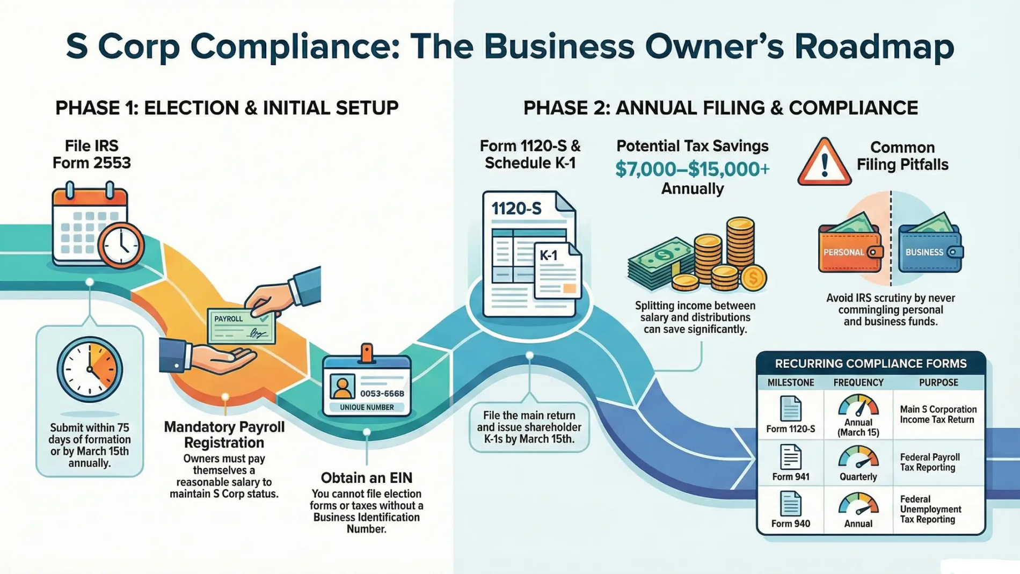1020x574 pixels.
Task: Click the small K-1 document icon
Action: (x=557, y=272)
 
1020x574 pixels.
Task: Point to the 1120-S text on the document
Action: (x=516, y=209)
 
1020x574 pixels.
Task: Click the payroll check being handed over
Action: (x=241, y=326)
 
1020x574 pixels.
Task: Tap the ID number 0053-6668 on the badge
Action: (x=382, y=394)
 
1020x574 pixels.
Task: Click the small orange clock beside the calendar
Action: (x=121, y=245)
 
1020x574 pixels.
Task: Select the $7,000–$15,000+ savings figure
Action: (x=692, y=169)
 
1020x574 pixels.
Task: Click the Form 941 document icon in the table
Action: (x=790, y=457)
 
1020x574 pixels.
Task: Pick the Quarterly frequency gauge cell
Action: (x=858, y=463)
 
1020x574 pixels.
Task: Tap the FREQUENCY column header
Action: (x=858, y=382)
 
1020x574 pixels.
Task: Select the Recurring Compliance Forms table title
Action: (x=870, y=364)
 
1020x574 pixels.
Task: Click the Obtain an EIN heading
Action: (x=367, y=478)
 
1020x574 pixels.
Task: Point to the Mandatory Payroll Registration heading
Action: (x=224, y=435)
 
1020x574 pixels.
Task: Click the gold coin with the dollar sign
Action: (x=753, y=278)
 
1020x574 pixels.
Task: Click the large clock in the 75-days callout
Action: (x=90, y=369)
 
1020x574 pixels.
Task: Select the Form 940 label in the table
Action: (x=790, y=524)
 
